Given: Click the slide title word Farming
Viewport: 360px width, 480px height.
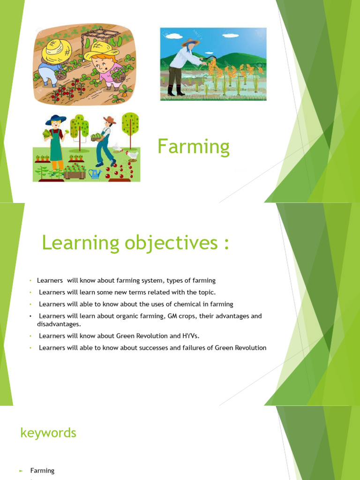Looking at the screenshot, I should click(194, 147).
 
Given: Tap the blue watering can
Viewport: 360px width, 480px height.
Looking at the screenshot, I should click(95, 173).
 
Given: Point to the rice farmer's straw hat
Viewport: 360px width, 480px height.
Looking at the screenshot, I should click(191, 42).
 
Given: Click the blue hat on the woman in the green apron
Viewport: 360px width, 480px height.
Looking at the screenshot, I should click(55, 119).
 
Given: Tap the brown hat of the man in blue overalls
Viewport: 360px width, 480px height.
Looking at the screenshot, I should click(109, 120).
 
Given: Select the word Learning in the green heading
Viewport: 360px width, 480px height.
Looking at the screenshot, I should click(81, 243).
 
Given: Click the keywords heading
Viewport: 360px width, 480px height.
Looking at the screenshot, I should click(48, 433).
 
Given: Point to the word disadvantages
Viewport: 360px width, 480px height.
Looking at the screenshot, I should click(59, 324).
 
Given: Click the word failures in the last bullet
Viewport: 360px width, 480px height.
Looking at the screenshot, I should click(203, 347).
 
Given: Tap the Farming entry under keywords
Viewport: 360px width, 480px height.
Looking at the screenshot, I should click(42, 470).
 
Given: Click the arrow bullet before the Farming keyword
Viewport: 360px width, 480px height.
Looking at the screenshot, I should click(21, 471).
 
